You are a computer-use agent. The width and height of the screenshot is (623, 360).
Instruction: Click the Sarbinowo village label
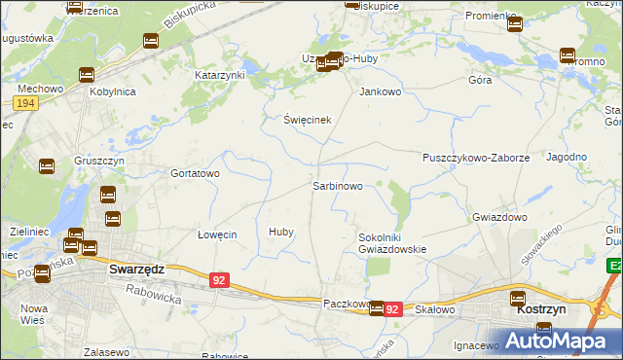[x=338, y=185]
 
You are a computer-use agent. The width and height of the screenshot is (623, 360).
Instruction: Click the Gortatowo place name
[x=195, y=173]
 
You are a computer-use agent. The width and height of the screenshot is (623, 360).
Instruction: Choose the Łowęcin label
[x=217, y=234]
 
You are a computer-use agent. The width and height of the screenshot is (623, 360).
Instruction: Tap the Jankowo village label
[x=381, y=92]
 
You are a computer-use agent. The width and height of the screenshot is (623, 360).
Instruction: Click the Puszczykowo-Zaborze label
[x=476, y=157]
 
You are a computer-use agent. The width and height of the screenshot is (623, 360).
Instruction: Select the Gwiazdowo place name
[x=499, y=217]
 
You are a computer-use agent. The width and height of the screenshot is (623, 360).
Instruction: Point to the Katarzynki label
[x=220, y=75]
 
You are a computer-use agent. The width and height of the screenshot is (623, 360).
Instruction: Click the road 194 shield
[x=26, y=102]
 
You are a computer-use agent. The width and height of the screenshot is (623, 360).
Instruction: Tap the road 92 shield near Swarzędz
[x=219, y=280]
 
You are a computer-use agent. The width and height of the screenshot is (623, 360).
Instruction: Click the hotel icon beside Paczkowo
[x=376, y=307]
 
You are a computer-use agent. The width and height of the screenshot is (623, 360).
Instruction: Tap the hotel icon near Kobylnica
[x=86, y=74]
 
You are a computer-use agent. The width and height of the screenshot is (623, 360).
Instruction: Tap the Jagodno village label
[x=567, y=157]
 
